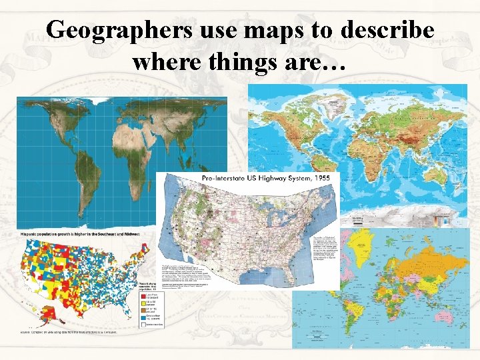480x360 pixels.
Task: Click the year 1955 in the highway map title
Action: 319,179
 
